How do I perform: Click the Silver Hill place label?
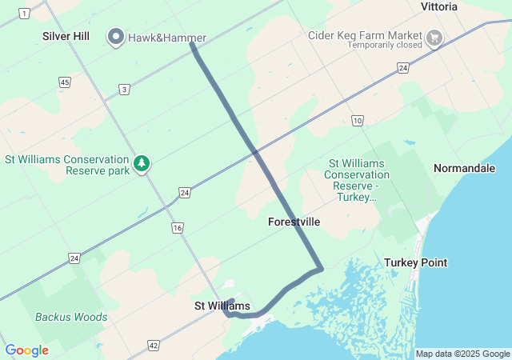66,37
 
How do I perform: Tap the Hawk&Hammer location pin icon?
116,37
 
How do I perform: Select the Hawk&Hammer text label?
166,38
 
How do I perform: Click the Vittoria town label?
439,6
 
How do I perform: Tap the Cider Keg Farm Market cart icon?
435,37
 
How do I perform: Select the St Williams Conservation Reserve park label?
67,165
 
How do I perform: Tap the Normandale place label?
464,168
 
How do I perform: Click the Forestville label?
294,222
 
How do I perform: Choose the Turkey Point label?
415,262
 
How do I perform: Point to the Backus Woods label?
71,317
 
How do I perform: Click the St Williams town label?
222,306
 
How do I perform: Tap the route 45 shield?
64,82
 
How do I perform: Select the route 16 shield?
177,229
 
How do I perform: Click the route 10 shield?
357,120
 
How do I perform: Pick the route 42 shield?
153,346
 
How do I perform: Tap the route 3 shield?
123,90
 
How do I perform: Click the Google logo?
27,350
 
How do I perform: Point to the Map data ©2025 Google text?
462,354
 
